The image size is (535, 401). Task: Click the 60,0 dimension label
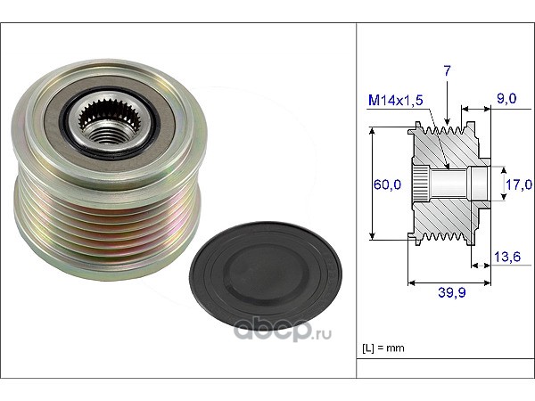point(387,184)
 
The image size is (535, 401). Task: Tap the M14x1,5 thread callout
point(395,100)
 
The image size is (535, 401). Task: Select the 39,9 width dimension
point(452,292)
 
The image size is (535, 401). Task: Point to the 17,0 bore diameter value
point(519,184)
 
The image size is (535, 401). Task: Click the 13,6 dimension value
point(507,257)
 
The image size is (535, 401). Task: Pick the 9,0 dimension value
point(506,99)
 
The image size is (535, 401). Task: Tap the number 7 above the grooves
point(447,71)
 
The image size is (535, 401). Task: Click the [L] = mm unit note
point(383,348)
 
